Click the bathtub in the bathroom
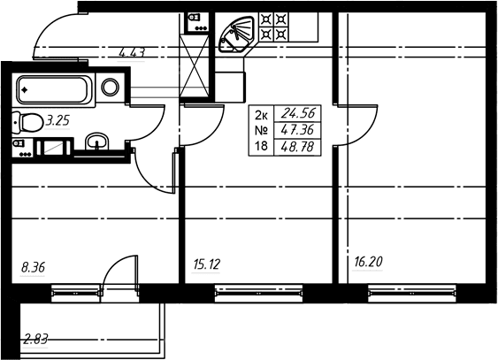[54, 90]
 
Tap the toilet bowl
[28, 123]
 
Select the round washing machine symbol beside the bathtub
[111, 87]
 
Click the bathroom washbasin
[97, 142]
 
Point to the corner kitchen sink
[237, 34]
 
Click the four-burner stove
[274, 27]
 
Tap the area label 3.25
[57, 121]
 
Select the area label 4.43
[132, 53]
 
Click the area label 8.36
[33, 268]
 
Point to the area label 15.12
[206, 264]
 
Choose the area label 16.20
[369, 262]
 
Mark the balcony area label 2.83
[35, 340]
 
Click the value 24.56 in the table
[299, 113]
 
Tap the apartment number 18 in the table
[261, 146]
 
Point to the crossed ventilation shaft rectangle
[195, 65]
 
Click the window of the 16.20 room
[412, 294]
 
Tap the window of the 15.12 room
[258, 294]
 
